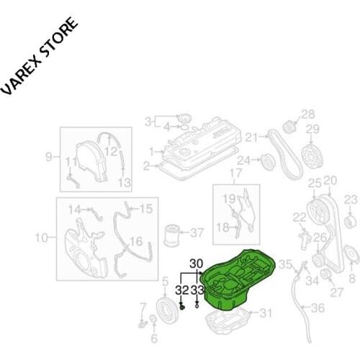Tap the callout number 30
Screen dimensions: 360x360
197,264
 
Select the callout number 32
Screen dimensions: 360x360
181,290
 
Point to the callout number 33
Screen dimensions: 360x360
198,290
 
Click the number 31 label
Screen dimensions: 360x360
266,313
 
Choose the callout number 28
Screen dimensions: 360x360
308,114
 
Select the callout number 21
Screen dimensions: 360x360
251,138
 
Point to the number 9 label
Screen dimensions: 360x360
50,156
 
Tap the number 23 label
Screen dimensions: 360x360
351,199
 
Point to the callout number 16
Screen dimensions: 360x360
136,242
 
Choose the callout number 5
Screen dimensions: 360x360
165,282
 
